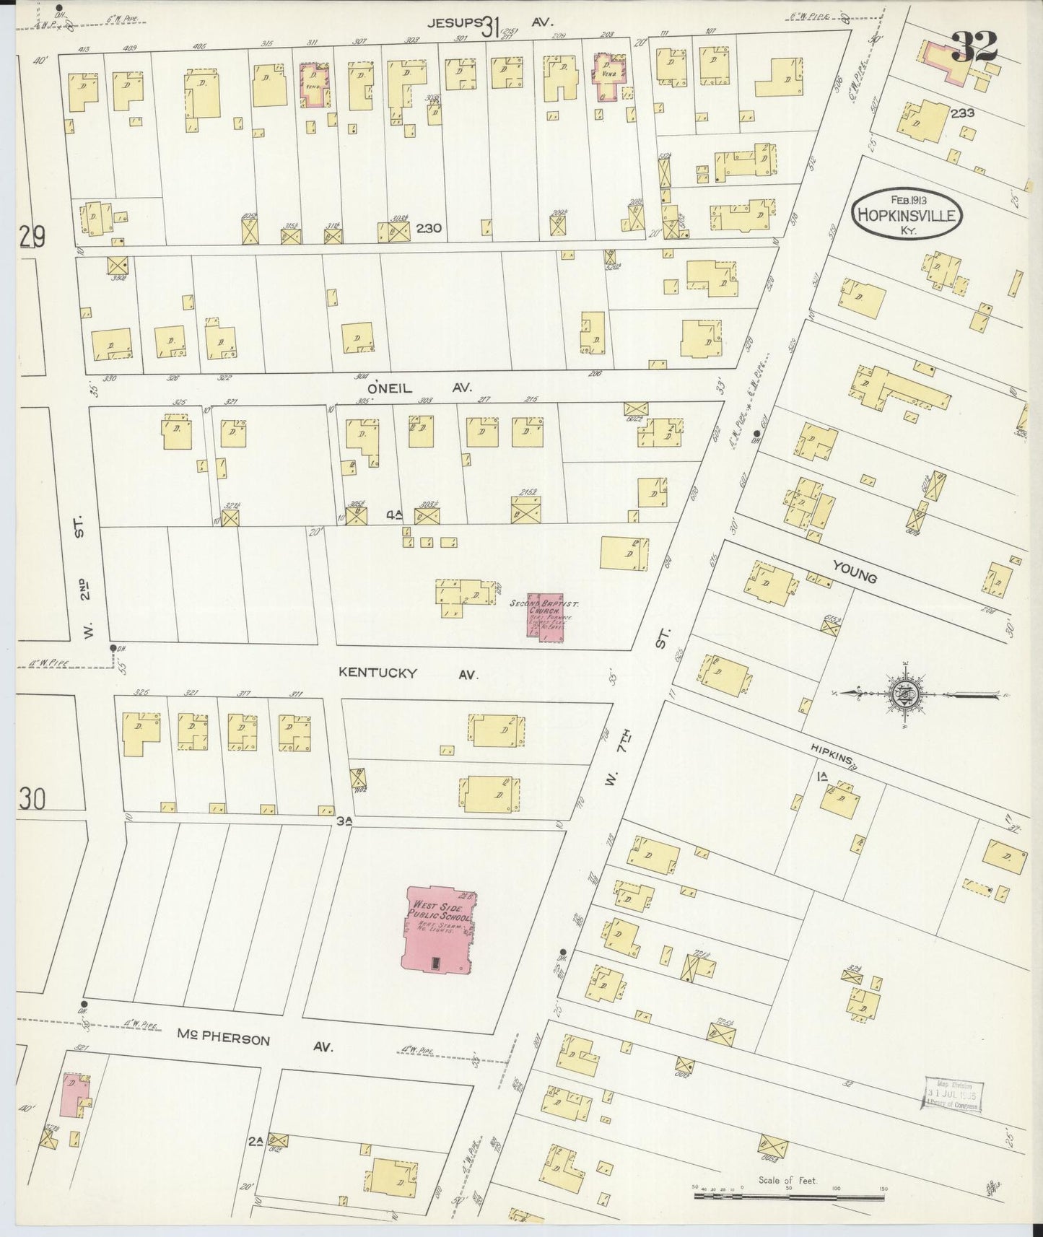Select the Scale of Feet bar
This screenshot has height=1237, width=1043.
tap(788, 1194)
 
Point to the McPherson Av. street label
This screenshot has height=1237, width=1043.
tap(254, 1040)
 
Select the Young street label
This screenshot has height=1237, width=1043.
tap(854, 572)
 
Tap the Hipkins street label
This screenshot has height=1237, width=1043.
tap(833, 756)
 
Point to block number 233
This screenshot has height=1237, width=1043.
tap(962, 113)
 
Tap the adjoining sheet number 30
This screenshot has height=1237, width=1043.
tap(32, 799)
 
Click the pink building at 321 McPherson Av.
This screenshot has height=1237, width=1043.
tap(75, 1098)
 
